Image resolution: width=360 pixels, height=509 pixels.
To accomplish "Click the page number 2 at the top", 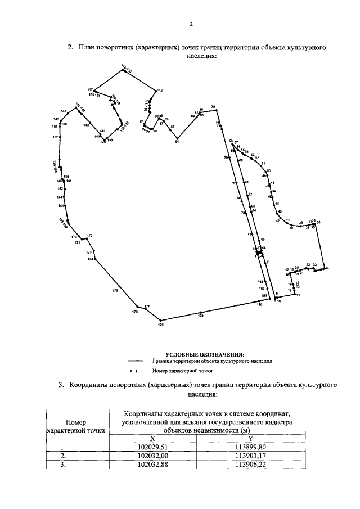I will [191, 25].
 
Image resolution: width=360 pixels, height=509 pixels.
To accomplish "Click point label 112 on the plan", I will [160, 90].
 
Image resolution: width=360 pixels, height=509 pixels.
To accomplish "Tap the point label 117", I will [90, 90].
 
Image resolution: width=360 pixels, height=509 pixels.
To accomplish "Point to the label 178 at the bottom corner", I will [160, 325].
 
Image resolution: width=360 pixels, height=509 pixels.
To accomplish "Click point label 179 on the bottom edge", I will [200, 317].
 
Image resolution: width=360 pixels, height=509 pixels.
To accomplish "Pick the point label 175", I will [115, 291].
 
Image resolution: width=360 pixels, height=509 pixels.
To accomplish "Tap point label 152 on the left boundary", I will [55, 137].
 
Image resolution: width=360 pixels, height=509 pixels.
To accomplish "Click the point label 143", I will [86, 125].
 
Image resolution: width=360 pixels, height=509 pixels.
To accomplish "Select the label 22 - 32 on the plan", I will [311, 264].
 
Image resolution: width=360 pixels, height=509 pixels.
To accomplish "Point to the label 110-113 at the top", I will [126, 69].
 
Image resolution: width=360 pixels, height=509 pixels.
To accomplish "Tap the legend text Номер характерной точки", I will [182, 372].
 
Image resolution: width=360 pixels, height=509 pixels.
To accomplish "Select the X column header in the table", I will [151, 438].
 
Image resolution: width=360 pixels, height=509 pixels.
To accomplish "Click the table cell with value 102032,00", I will [151, 456].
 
